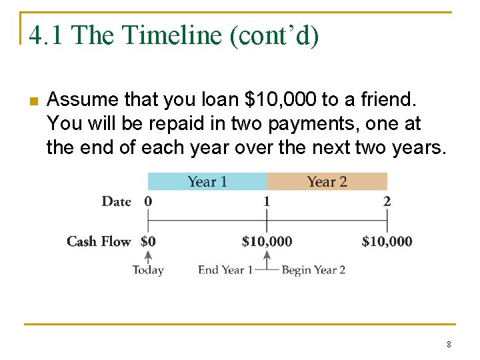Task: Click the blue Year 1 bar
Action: pos(207,181)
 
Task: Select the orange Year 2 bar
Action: pos(327,181)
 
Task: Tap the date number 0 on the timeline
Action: pos(148,201)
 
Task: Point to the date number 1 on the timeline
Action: pos(267,201)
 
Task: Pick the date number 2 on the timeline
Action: pos(387,201)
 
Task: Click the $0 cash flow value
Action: pos(148,241)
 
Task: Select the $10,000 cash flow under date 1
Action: pos(267,241)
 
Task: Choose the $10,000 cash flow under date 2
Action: pos(387,241)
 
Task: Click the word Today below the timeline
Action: pos(148,270)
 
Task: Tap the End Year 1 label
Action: pos(225,270)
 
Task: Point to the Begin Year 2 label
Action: pos(313,270)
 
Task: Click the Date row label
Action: pos(116,201)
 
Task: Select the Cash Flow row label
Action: pos(99,241)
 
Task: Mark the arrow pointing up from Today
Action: pos(148,256)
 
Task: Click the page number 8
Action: pos(449,345)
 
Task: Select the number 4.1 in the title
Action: pos(45,35)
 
